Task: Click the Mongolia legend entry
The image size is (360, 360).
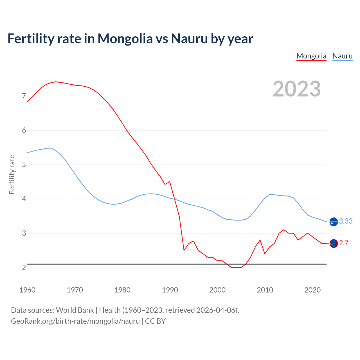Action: pos(311,56)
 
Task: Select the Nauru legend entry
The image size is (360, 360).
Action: pos(342,56)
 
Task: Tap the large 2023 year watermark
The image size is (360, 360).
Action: pos(297,89)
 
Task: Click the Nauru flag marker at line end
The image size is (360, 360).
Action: pos(333,222)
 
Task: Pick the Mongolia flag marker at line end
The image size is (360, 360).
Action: pos(333,243)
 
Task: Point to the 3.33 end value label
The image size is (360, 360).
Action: pos(346,221)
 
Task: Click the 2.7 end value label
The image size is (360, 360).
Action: pos(344,243)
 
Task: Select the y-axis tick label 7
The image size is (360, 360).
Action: pos(24,96)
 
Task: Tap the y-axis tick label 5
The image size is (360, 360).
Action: pos(24,165)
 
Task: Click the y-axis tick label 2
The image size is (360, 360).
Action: pos(24,267)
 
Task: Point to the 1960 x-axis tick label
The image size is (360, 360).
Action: pos(27,290)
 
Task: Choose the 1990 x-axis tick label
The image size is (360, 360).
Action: pos(170,290)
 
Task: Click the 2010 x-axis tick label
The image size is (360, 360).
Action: pos(265,290)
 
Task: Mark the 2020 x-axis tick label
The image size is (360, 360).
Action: pos(312,290)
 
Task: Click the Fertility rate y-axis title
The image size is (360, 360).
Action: pos(12,174)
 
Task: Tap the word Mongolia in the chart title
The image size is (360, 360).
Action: pos(125,39)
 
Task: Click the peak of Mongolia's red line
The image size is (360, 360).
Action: pos(56,82)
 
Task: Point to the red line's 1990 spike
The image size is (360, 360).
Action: pos(170,182)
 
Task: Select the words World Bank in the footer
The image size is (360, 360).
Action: pos(75,310)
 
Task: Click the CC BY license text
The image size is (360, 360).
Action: pos(155,321)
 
